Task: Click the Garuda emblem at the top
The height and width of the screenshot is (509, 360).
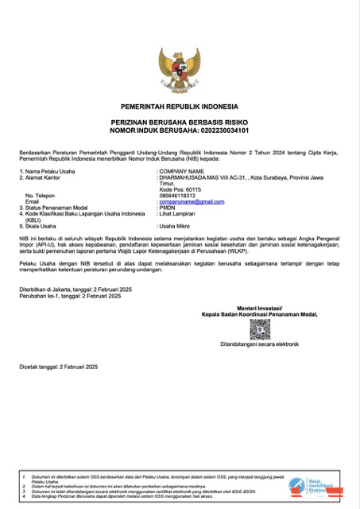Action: tap(180, 71)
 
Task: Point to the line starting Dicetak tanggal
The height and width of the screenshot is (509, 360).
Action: tap(58, 367)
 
